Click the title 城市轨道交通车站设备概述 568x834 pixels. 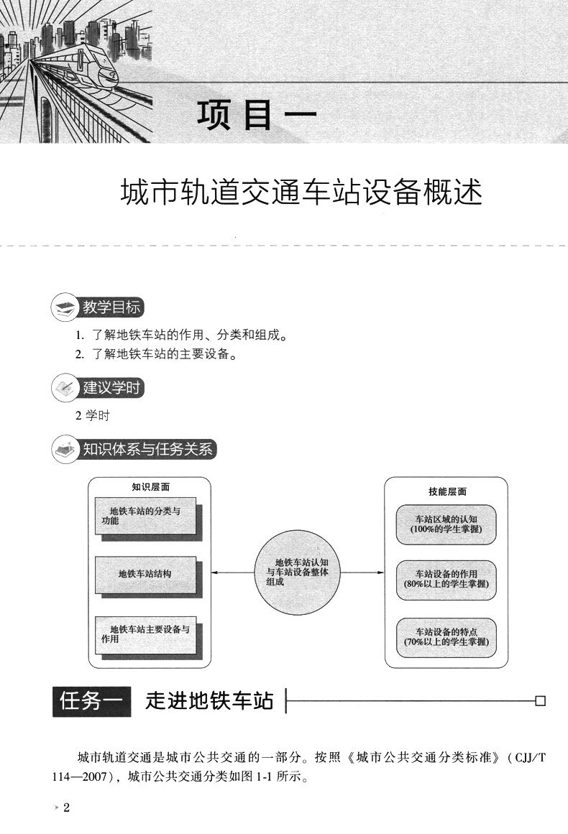(x=301, y=193)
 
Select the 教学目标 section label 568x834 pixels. (x=111, y=308)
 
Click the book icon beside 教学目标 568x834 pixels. (x=64, y=309)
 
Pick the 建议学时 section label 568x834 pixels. (x=111, y=389)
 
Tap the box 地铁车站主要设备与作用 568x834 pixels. (x=145, y=633)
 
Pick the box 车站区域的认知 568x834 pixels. (x=446, y=523)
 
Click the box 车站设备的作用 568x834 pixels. (x=446, y=579)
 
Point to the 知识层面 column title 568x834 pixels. (x=150, y=487)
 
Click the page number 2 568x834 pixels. (x=66, y=808)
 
